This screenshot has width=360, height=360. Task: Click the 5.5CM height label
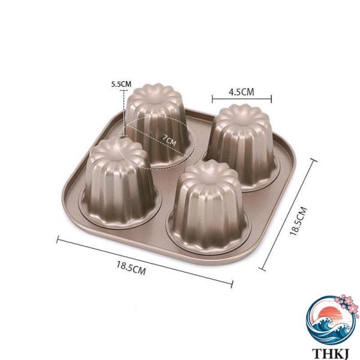pos(121,84)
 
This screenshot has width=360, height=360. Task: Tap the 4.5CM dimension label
pos(242,92)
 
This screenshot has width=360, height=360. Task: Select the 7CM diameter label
pos(169,140)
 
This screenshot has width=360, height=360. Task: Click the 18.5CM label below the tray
pos(131,268)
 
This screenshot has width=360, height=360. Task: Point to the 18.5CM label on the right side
pos(298,221)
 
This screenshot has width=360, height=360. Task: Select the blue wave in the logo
pos(329,331)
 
